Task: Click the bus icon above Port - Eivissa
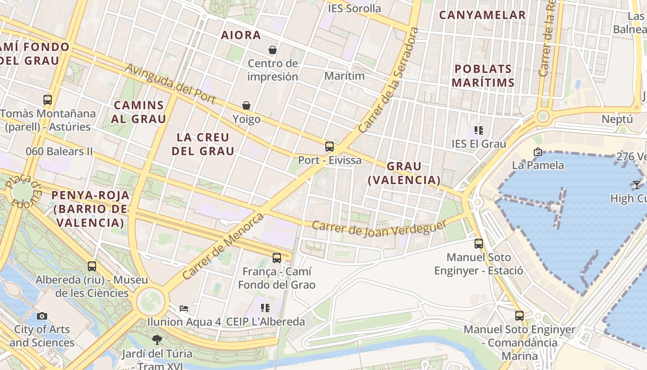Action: pyautogui.click(x=330, y=147)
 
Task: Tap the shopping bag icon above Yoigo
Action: pyautogui.click(x=246, y=106)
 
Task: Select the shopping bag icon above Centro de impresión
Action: pyautogui.click(x=273, y=49)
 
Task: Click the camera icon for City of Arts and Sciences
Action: pyautogui.click(x=42, y=316)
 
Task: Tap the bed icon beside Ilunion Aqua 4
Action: pyautogui.click(x=184, y=308)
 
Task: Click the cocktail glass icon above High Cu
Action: pyautogui.click(x=637, y=185)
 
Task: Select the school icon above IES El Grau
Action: pyautogui.click(x=478, y=130)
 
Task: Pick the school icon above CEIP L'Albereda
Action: pyautogui.click(x=265, y=308)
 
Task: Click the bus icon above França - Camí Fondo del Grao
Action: pyautogui.click(x=277, y=258)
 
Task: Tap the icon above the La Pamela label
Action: pyautogui.click(x=537, y=152)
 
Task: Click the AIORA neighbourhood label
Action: pyautogui.click(x=241, y=35)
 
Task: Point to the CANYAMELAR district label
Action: pyautogui.click(x=482, y=15)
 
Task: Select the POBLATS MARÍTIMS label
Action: pyautogui.click(x=483, y=76)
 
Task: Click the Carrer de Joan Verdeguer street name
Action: pyautogui.click(x=379, y=228)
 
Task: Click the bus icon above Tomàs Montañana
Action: pyautogui.click(x=48, y=99)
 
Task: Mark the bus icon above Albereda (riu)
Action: pyautogui.click(x=92, y=266)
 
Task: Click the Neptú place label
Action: pyautogui.click(x=617, y=119)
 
